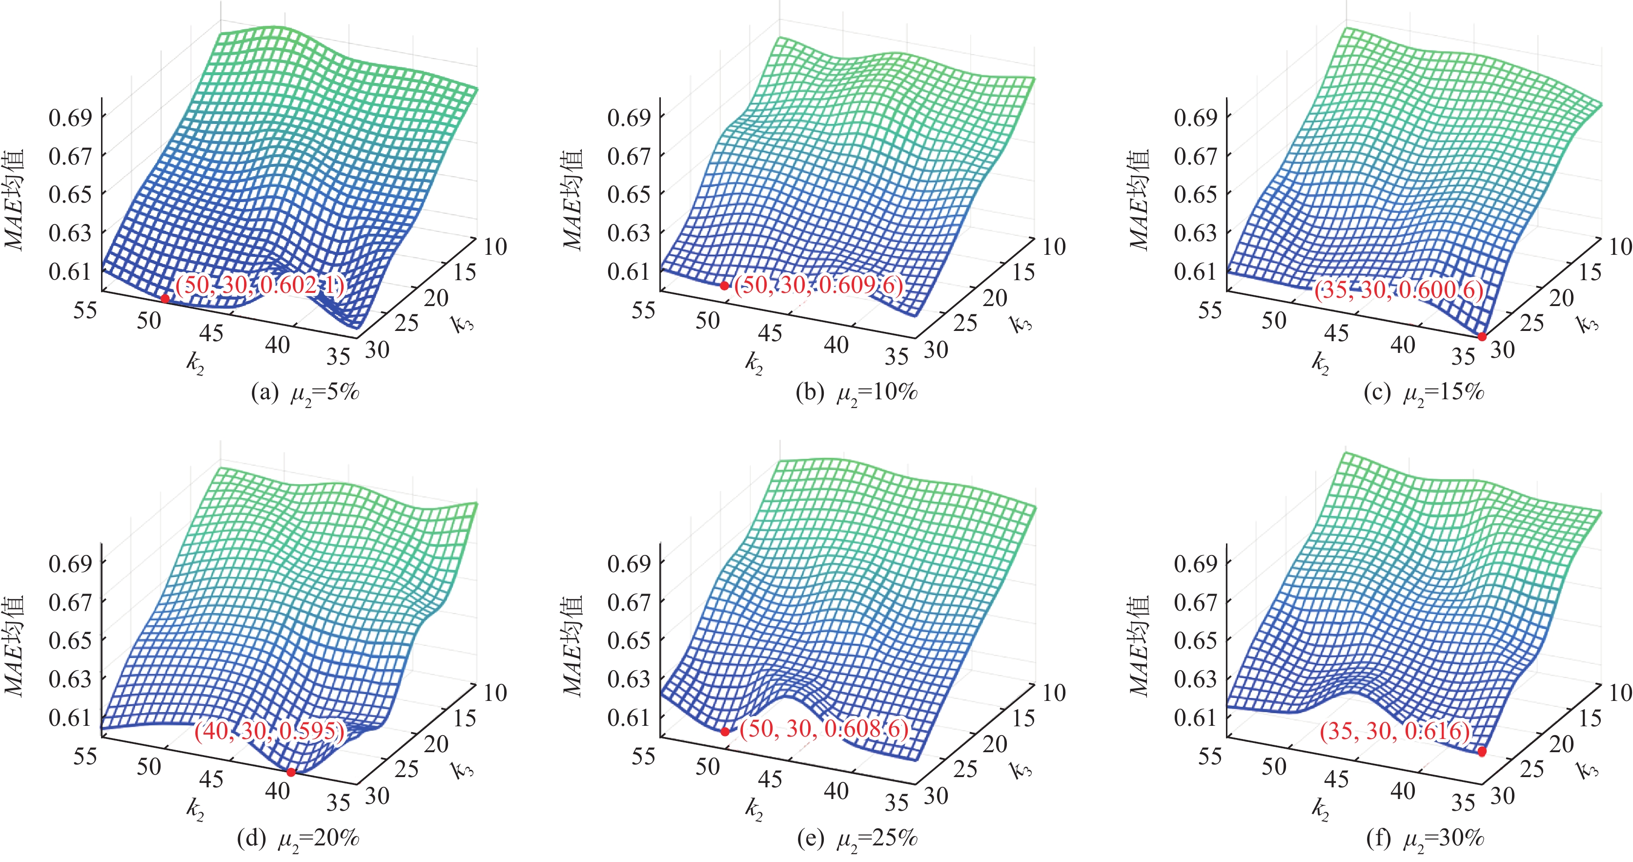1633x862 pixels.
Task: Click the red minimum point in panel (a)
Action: point(165,298)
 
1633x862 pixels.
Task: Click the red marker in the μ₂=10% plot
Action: point(724,286)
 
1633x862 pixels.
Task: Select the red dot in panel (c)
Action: point(1482,337)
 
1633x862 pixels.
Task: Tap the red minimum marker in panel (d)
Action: point(291,772)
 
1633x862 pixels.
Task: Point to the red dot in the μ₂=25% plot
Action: point(725,732)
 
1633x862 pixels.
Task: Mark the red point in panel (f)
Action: point(1482,752)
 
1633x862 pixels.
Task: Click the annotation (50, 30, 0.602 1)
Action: point(260,285)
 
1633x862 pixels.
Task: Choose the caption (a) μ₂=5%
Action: point(306,393)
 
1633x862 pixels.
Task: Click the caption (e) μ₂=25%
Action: point(857,839)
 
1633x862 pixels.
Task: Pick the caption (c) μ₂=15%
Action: point(1424,393)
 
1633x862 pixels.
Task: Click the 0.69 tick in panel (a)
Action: point(70,117)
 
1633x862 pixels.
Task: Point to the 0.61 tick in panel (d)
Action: point(70,718)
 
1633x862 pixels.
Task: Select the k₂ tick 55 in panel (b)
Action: point(643,310)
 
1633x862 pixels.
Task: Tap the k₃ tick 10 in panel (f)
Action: point(1620,692)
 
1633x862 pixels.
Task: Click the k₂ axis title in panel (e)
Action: point(754,808)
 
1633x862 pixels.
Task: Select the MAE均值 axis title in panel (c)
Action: point(1139,200)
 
